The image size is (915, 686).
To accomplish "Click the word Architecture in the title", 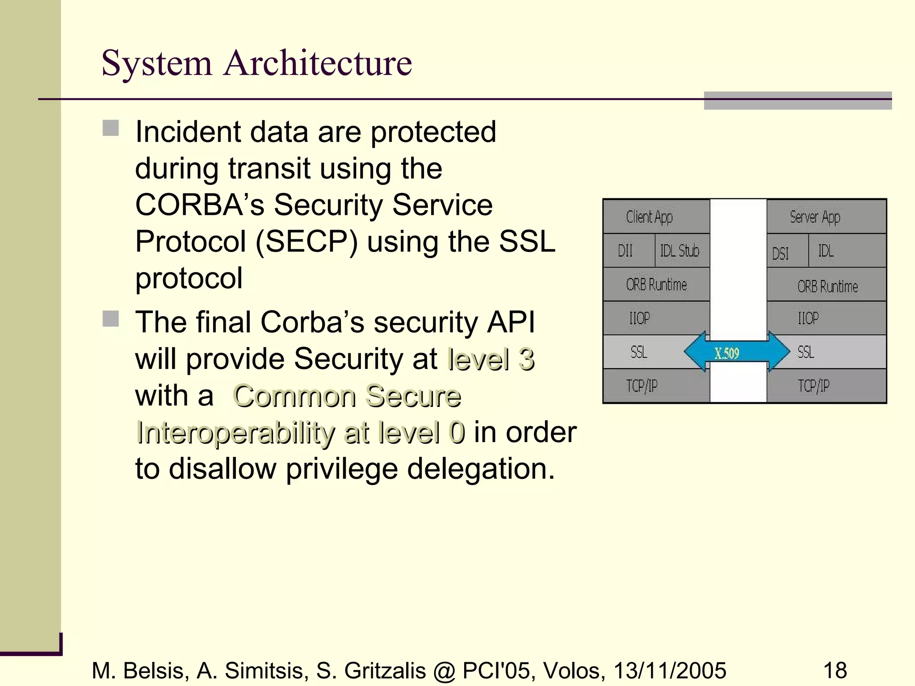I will tap(318, 63).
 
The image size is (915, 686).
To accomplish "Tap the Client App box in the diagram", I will tap(655, 217).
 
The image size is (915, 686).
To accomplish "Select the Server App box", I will tap(826, 217).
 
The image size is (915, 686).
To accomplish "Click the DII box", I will tap(628, 251).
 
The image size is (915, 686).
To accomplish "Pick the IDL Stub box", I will tap(682, 251).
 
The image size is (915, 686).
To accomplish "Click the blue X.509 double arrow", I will tap(736, 352).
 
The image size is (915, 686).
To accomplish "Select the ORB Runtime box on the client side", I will tap(655, 284).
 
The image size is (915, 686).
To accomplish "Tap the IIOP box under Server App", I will tap(826, 318).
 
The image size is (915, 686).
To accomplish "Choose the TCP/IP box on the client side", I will tap(655, 385).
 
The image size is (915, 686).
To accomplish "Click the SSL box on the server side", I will tap(826, 352).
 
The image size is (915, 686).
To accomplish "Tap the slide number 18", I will tap(835, 670).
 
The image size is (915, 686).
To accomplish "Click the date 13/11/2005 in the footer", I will tap(670, 670).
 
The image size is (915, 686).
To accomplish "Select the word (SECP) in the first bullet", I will tap(306, 242).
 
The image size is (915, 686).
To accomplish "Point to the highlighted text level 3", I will tap(491, 359).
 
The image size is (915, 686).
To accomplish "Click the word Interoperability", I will tap(235, 432).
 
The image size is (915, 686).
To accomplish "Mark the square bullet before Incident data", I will tap(111, 128).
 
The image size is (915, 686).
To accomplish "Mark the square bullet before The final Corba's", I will tap(111, 319).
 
